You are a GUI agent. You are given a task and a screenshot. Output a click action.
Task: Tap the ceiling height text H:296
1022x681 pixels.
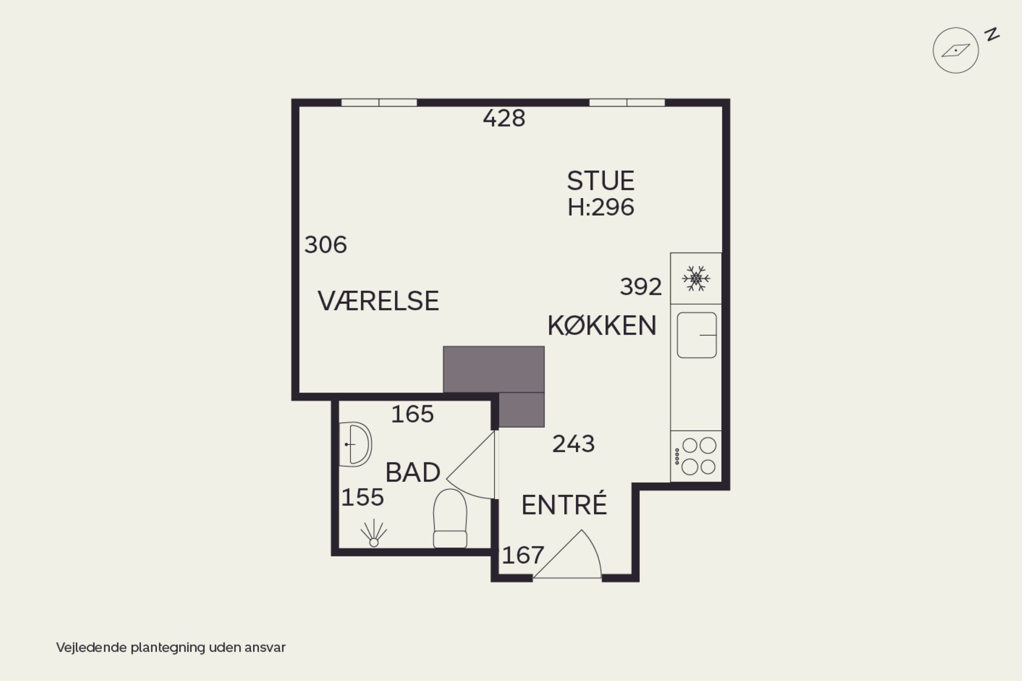pos(601,207)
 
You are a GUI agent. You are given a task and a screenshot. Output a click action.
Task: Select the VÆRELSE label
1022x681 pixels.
pos(378,300)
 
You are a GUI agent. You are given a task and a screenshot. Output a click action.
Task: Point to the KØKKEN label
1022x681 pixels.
pos(602,325)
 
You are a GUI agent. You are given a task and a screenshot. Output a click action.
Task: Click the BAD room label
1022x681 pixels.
pos(413,472)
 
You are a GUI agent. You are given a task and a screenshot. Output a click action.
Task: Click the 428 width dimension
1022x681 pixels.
pos(504,118)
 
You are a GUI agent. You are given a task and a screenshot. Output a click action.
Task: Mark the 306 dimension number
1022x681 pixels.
pos(326,245)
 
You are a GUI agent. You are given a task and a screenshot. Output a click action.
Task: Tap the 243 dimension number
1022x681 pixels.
pos(573,444)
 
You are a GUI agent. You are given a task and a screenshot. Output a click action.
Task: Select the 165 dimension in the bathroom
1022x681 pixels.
pos(412,414)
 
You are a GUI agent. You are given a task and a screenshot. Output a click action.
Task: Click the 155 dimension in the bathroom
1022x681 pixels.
pos(362,497)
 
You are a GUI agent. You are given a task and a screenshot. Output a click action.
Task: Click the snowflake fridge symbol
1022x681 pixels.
pos(696,278)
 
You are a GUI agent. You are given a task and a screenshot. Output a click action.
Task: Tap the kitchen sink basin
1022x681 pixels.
pos(697,335)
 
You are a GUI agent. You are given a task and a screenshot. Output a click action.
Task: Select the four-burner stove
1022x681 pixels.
pos(696,456)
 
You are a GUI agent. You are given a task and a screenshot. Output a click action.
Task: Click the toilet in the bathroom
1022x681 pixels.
pos(450,518)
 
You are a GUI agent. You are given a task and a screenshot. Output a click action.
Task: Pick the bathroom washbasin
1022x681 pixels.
pos(355,444)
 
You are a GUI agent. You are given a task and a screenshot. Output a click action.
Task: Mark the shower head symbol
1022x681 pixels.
pos(373,533)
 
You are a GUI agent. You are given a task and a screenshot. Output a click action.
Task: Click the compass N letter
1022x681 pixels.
pos(992,34)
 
